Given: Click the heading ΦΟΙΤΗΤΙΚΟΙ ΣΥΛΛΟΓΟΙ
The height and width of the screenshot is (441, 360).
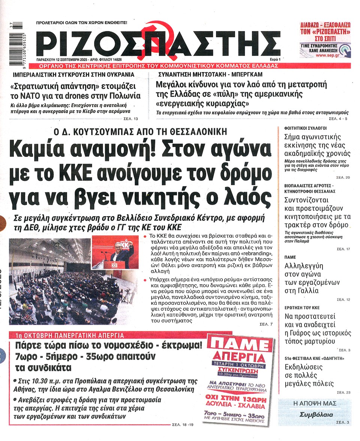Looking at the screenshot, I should (303, 128).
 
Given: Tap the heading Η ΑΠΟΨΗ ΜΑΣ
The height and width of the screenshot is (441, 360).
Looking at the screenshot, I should (314, 403).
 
